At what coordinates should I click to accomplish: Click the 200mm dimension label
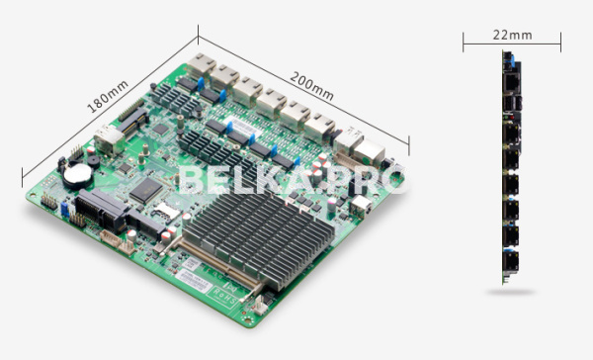tap(311, 87)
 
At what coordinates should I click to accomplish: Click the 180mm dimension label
tap(108, 97)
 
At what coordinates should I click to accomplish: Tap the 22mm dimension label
tap(512, 36)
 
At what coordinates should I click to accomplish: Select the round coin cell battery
tap(78, 174)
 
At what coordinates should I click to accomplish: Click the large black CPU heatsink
tap(258, 237)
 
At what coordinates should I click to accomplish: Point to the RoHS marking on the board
tap(226, 296)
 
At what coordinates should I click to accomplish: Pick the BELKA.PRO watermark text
tap(293, 180)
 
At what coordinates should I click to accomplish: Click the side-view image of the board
tap(512, 167)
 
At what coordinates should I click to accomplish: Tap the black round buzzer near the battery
tap(93, 161)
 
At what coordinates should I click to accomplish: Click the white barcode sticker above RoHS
tap(194, 280)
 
